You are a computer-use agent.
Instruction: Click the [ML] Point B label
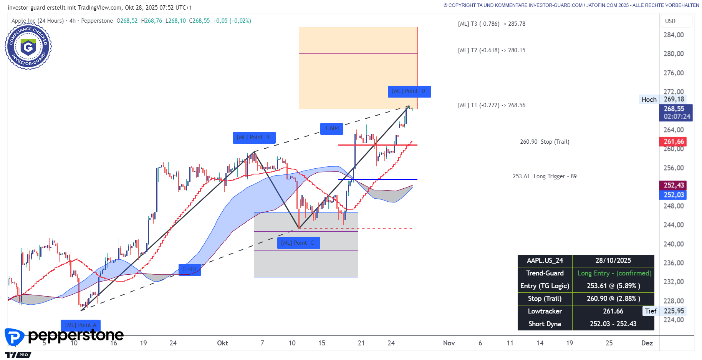point(254,138)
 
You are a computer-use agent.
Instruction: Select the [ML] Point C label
point(298,243)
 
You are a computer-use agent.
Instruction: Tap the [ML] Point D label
point(409,91)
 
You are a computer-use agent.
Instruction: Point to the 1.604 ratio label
point(332,128)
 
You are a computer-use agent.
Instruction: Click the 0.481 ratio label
point(190,269)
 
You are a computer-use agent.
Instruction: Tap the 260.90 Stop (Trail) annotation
point(545,142)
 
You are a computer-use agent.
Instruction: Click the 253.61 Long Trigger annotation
point(545,176)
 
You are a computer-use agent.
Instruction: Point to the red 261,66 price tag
point(674,141)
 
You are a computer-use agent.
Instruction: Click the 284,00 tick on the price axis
point(674,35)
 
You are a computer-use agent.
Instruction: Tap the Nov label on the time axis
point(449,343)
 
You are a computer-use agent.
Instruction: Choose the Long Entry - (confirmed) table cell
point(614,273)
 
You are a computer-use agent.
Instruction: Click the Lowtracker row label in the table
point(545,311)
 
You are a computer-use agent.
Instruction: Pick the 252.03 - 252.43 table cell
point(613,324)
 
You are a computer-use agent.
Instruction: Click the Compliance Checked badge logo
point(28,46)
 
